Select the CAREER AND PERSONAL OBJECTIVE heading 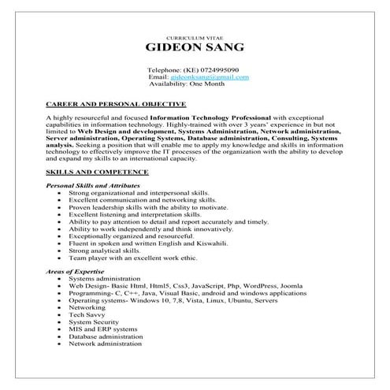point(116,103)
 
